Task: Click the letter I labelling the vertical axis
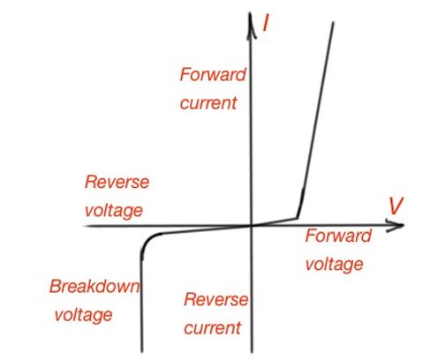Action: pos(266,25)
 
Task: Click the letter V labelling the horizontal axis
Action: pos(396,206)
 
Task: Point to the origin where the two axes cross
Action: pos(253,226)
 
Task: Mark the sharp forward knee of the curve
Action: pos(298,217)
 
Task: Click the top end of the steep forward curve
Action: pos(333,23)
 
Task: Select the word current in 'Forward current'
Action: pos(208,103)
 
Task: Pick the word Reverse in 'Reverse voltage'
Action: pos(117,183)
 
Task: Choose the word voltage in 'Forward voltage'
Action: pos(335,264)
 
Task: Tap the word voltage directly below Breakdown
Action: pos(84,315)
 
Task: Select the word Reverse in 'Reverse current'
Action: pos(215,300)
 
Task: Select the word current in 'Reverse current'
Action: pos(213,328)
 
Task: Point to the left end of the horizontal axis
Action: pos(87,227)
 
